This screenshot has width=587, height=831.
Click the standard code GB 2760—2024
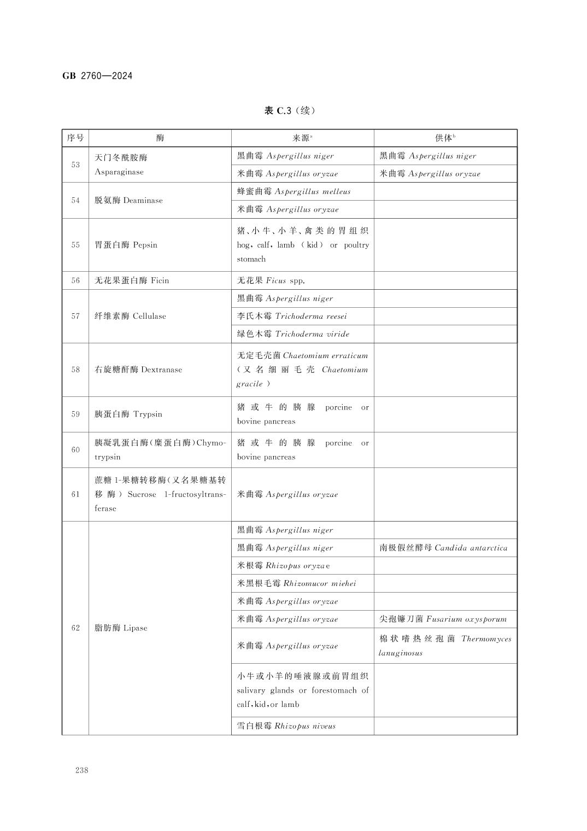97,76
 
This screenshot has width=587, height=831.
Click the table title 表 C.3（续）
290,110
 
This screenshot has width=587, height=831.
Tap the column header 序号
75,138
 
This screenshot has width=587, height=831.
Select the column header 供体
445,138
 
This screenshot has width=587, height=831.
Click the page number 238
82,770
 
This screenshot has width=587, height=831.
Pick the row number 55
75,245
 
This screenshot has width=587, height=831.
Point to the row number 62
75,628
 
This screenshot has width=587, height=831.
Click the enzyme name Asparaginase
119,172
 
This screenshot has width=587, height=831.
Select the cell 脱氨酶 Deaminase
128,200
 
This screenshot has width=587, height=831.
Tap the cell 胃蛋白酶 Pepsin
126,245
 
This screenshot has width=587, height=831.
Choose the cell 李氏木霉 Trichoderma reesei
291,316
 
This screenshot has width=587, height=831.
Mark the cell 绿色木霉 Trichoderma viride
292,334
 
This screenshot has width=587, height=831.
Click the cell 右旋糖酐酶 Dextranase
138,370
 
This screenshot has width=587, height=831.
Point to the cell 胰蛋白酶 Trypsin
128,414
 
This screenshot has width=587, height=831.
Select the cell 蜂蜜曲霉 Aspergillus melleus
293,191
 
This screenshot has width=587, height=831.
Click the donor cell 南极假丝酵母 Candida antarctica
443,548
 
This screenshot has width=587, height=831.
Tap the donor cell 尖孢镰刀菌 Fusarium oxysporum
443,619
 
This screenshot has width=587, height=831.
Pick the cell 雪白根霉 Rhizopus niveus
286,726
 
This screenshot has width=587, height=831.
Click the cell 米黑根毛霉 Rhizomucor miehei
296,583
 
